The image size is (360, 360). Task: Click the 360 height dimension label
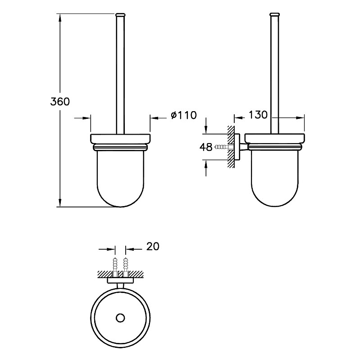tap(60, 102)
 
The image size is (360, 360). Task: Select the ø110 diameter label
tap(184, 115)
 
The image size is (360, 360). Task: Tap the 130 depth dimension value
tap(258, 115)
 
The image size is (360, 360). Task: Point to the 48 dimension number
tap(206, 147)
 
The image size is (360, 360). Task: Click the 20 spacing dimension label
tap(153, 246)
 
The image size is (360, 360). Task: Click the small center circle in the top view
tap(120, 318)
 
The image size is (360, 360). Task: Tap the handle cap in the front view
tap(120, 15)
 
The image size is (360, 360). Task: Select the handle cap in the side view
tap(274, 15)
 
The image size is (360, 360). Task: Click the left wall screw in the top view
tap(115, 266)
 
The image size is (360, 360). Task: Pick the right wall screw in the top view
tap(126, 266)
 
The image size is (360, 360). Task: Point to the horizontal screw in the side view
tap(222, 147)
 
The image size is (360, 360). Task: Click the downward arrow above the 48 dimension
tap(206, 126)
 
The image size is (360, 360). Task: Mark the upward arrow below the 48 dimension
tap(206, 168)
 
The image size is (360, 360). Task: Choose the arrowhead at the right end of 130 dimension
tap(301, 118)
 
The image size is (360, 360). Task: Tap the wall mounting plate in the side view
tap(237, 147)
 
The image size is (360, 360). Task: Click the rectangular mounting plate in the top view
tap(120, 280)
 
